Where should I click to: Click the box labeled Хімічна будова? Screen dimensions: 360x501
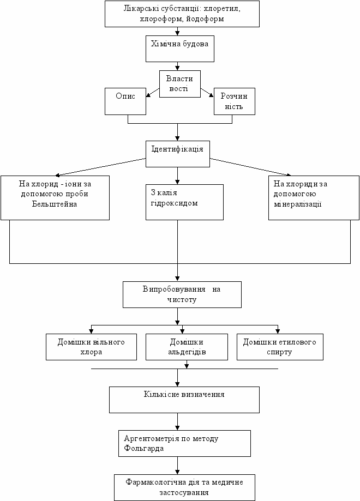pyautogui.click(x=180, y=49)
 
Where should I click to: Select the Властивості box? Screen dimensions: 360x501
pyautogui.click(x=180, y=84)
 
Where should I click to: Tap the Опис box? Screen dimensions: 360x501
pyautogui.click(x=125, y=101)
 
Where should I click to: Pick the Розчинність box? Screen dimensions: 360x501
pyautogui.click(x=235, y=101)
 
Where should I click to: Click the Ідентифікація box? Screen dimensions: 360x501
pyautogui.click(x=178, y=154)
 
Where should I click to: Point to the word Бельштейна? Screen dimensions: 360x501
pyautogui.click(x=55, y=204)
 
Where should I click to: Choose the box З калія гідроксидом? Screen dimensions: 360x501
pyautogui.click(x=184, y=202)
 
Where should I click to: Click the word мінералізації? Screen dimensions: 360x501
pyautogui.click(x=298, y=204)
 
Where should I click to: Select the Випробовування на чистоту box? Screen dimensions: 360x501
pyautogui.click(x=182, y=294)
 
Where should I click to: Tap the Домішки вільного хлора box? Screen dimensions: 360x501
pyautogui.click(x=92, y=347)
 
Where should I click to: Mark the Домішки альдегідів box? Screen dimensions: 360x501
pyautogui.click(x=187, y=347)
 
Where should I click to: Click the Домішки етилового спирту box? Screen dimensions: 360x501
pyautogui.click(x=280, y=347)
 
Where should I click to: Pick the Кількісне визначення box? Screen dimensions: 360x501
pyautogui.click(x=184, y=400)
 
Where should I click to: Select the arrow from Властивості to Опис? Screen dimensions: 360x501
pyautogui.click(x=153, y=92)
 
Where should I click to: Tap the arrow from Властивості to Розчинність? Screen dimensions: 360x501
pyautogui.click(x=207, y=92)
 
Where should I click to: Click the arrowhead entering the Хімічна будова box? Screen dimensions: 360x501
pyautogui.click(x=178, y=33)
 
